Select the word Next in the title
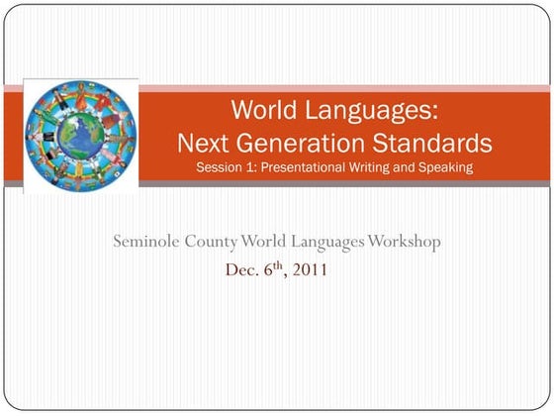coord(202,143)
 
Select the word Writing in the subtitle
coord(372,167)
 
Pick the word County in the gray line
coord(216,242)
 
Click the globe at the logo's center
coord(80,134)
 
